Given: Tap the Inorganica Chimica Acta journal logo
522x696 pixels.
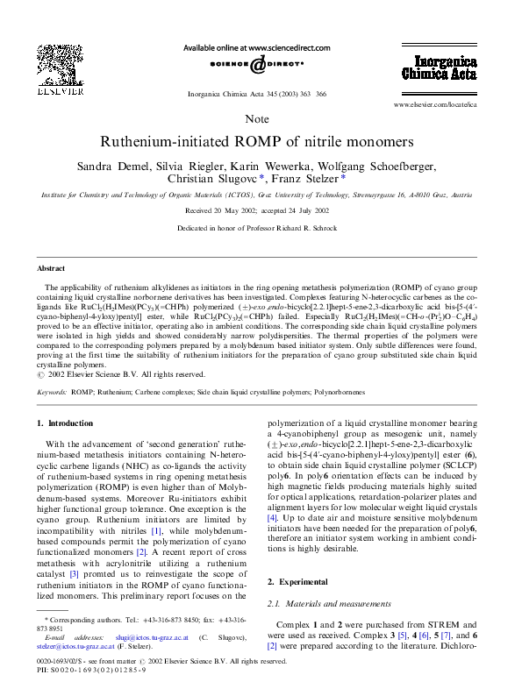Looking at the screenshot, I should tap(445, 67).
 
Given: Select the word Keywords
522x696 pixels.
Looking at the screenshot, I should tap(53, 392).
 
